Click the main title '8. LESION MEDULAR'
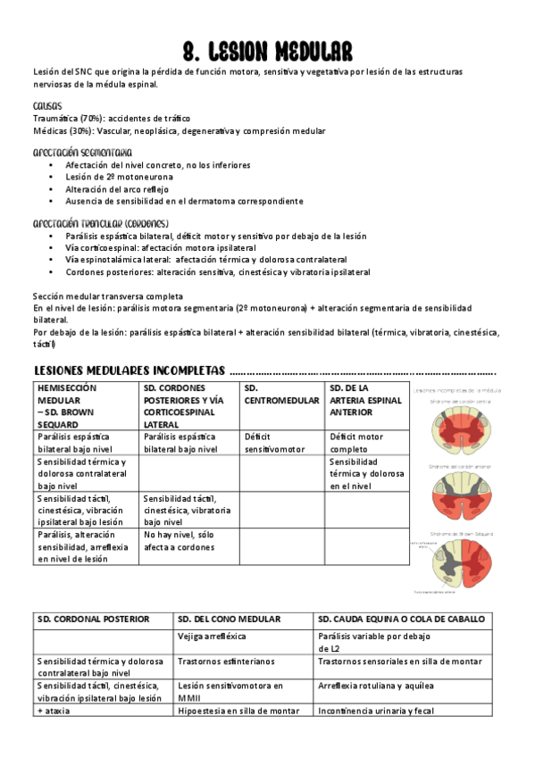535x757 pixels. pyautogui.click(x=267, y=50)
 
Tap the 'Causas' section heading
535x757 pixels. pyautogui.click(x=46, y=105)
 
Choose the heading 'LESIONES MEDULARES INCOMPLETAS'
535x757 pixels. pyautogui.click(x=129, y=370)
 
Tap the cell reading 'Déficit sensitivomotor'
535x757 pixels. pyautogui.click(x=274, y=443)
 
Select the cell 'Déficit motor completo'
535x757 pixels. pyautogui.click(x=357, y=443)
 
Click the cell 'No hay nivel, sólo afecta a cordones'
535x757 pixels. pyautogui.click(x=180, y=540)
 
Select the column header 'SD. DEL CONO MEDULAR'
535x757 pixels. pyautogui.click(x=229, y=619)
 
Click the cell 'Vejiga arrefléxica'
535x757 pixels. pyautogui.click(x=212, y=636)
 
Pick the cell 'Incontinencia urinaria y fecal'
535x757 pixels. pyautogui.click(x=376, y=711)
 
